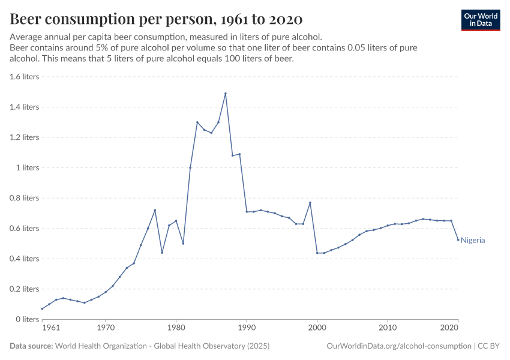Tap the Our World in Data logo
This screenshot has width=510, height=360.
tap(480, 20)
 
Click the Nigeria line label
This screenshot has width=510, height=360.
tap(473, 240)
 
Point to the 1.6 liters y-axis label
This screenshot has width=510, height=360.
tap(25, 77)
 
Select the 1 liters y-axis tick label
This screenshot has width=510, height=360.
tap(28, 167)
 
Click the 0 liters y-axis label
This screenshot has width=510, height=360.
tap(27, 319)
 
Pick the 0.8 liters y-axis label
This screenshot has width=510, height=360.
tap(25, 198)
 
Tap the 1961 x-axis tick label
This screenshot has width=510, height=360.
tap(51, 328)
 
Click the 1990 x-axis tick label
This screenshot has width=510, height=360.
tap(247, 328)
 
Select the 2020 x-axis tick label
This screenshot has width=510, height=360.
tap(451, 328)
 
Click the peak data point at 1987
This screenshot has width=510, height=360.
tap(226, 94)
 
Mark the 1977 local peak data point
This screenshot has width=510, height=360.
tap(155, 210)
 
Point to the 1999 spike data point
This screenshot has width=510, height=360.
tap(310, 202)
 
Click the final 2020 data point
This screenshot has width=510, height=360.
tap(458, 240)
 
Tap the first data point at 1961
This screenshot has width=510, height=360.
tap(42, 308)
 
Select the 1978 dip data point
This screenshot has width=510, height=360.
tap(162, 253)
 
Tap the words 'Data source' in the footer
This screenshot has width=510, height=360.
tap(31, 346)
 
